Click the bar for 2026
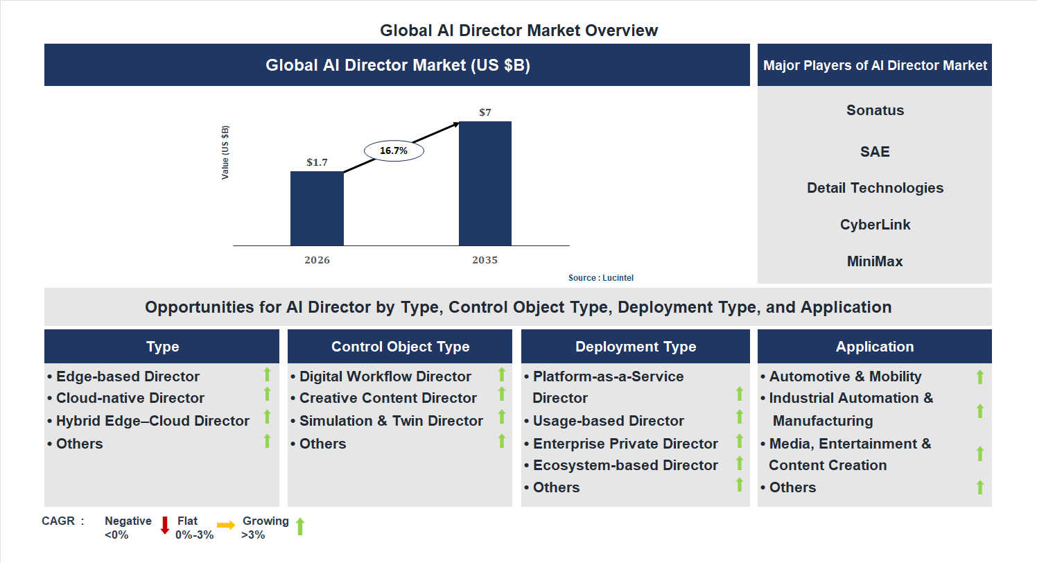click(317, 208)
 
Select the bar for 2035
click(485, 184)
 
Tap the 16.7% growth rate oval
click(394, 150)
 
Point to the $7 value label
click(485, 112)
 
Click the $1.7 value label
click(317, 162)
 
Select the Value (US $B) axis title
click(225, 153)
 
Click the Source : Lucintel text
click(601, 278)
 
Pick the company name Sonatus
click(875, 110)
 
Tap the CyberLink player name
click(875, 225)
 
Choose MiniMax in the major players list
click(875, 261)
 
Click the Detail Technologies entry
click(875, 188)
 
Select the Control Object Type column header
click(400, 347)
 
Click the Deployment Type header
click(636, 347)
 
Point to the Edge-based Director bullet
click(128, 376)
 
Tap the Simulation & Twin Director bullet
click(391, 421)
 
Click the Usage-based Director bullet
click(608, 421)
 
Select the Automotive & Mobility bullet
click(845, 376)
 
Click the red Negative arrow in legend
click(165, 525)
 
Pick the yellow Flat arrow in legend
click(226, 526)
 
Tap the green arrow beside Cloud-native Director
click(267, 395)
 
